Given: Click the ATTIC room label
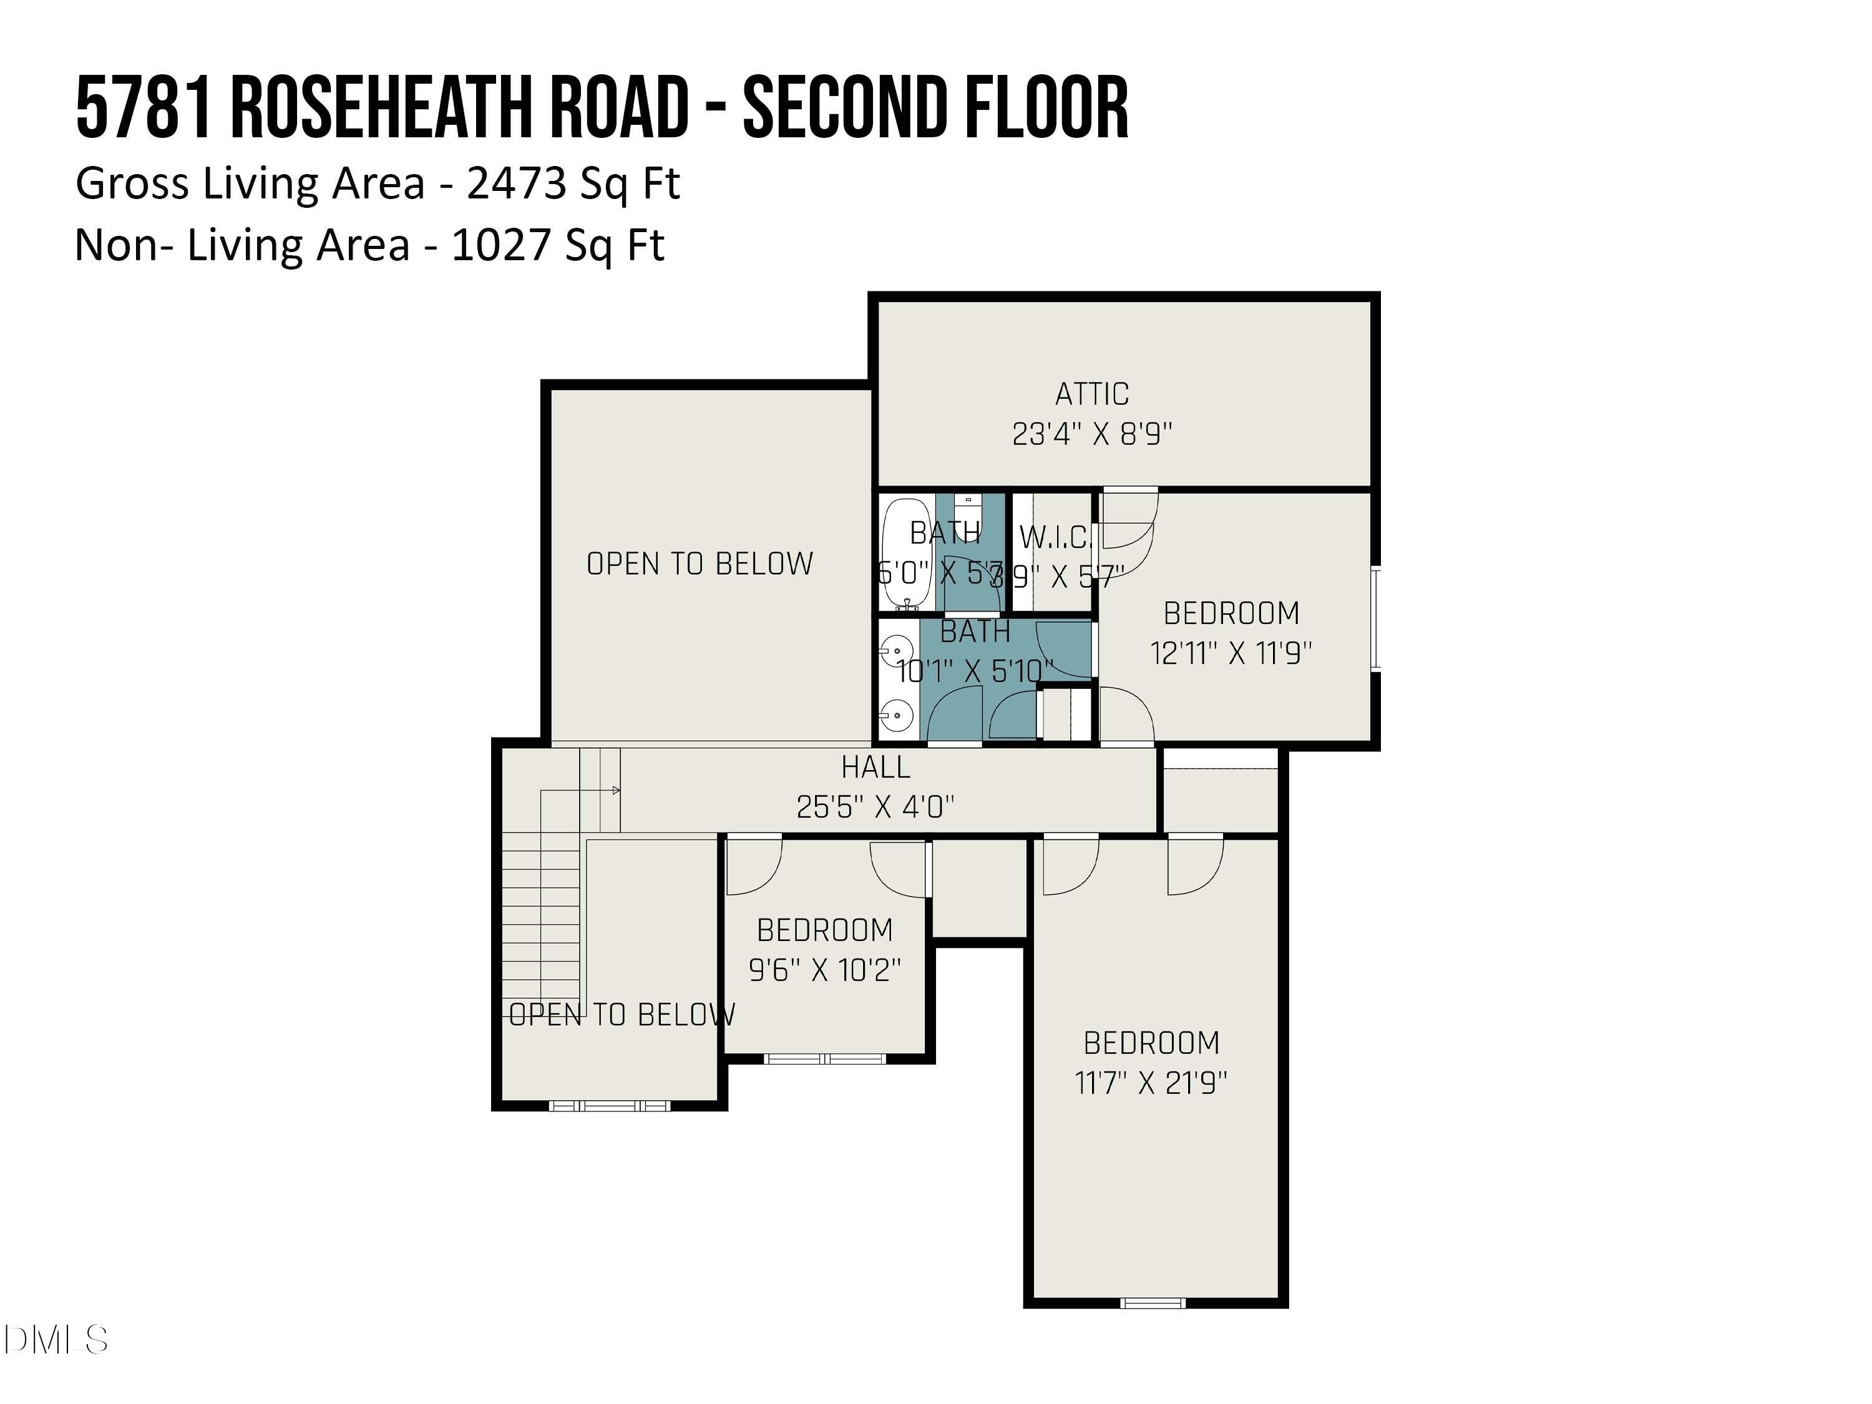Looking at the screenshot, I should tap(1092, 394).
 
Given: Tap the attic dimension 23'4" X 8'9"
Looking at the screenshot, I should tap(1092, 434).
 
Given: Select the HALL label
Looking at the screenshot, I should tap(875, 768).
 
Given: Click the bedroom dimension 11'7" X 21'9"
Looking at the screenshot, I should tap(1151, 1083).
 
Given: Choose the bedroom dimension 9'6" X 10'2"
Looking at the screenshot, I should tap(825, 970).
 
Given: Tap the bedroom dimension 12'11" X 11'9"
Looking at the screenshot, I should tap(1231, 653).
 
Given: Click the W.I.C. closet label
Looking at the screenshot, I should tap(1055, 537).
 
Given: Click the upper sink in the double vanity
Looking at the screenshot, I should tap(895, 651).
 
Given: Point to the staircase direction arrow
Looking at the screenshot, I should tap(616, 791).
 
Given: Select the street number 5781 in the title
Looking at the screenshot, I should tap(142, 109).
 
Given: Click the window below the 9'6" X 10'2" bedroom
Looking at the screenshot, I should tap(824, 1059).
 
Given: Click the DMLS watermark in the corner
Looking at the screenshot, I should tap(55, 1340).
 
